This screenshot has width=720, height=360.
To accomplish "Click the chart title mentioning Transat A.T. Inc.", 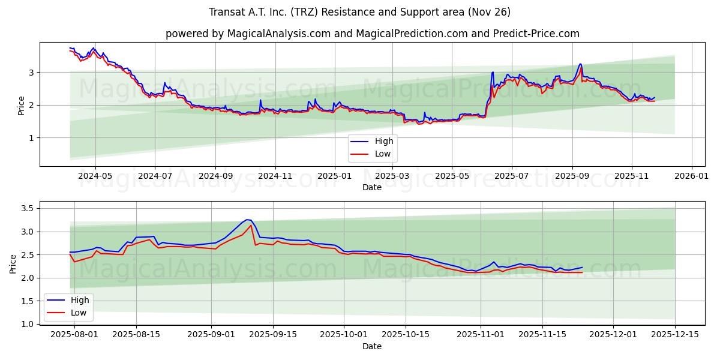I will tap(360, 12).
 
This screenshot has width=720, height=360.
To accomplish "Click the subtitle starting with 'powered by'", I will tap(372, 34).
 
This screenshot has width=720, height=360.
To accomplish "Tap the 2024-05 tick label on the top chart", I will tap(95, 176).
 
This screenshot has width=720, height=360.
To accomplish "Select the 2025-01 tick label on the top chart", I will tap(334, 176).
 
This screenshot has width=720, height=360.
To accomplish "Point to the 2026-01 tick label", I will tap(692, 176).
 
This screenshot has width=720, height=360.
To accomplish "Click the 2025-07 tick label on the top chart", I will tap(512, 176).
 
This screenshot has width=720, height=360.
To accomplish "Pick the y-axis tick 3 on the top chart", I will tap(32, 73).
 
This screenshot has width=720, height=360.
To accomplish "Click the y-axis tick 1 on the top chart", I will tap(32, 138).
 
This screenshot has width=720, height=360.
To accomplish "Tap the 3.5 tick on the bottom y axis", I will tap(28, 208).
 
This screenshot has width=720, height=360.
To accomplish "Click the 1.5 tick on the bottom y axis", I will tap(28, 301).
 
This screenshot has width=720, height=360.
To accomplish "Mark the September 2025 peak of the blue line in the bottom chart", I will tap(247, 220).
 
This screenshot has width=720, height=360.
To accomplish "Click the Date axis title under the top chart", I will tap(372, 187).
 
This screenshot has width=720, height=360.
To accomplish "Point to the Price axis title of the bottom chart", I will tap(13, 264).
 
